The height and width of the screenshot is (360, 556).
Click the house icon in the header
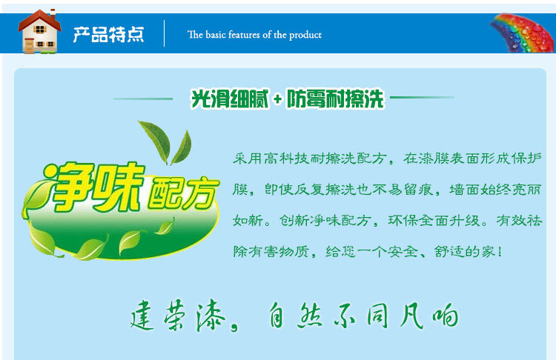(x=39, y=32)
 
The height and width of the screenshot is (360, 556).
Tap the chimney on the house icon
(x=53, y=14)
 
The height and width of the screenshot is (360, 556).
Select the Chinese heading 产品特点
(x=108, y=34)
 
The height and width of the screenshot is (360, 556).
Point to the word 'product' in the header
(x=305, y=35)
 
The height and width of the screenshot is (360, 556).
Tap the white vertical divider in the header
(x=164, y=33)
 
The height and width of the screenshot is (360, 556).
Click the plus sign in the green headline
(x=277, y=99)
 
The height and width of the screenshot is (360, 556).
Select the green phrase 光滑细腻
(x=230, y=99)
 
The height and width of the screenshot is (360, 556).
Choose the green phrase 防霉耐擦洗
(x=335, y=99)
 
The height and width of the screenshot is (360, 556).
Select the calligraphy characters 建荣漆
(x=178, y=316)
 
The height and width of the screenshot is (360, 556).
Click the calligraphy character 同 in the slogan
(x=377, y=316)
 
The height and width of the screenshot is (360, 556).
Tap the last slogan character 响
(x=446, y=315)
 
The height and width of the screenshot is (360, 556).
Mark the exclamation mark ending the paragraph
(x=500, y=252)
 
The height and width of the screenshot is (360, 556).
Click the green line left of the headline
(x=143, y=99)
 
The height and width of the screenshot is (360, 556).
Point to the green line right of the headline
(x=422, y=97)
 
